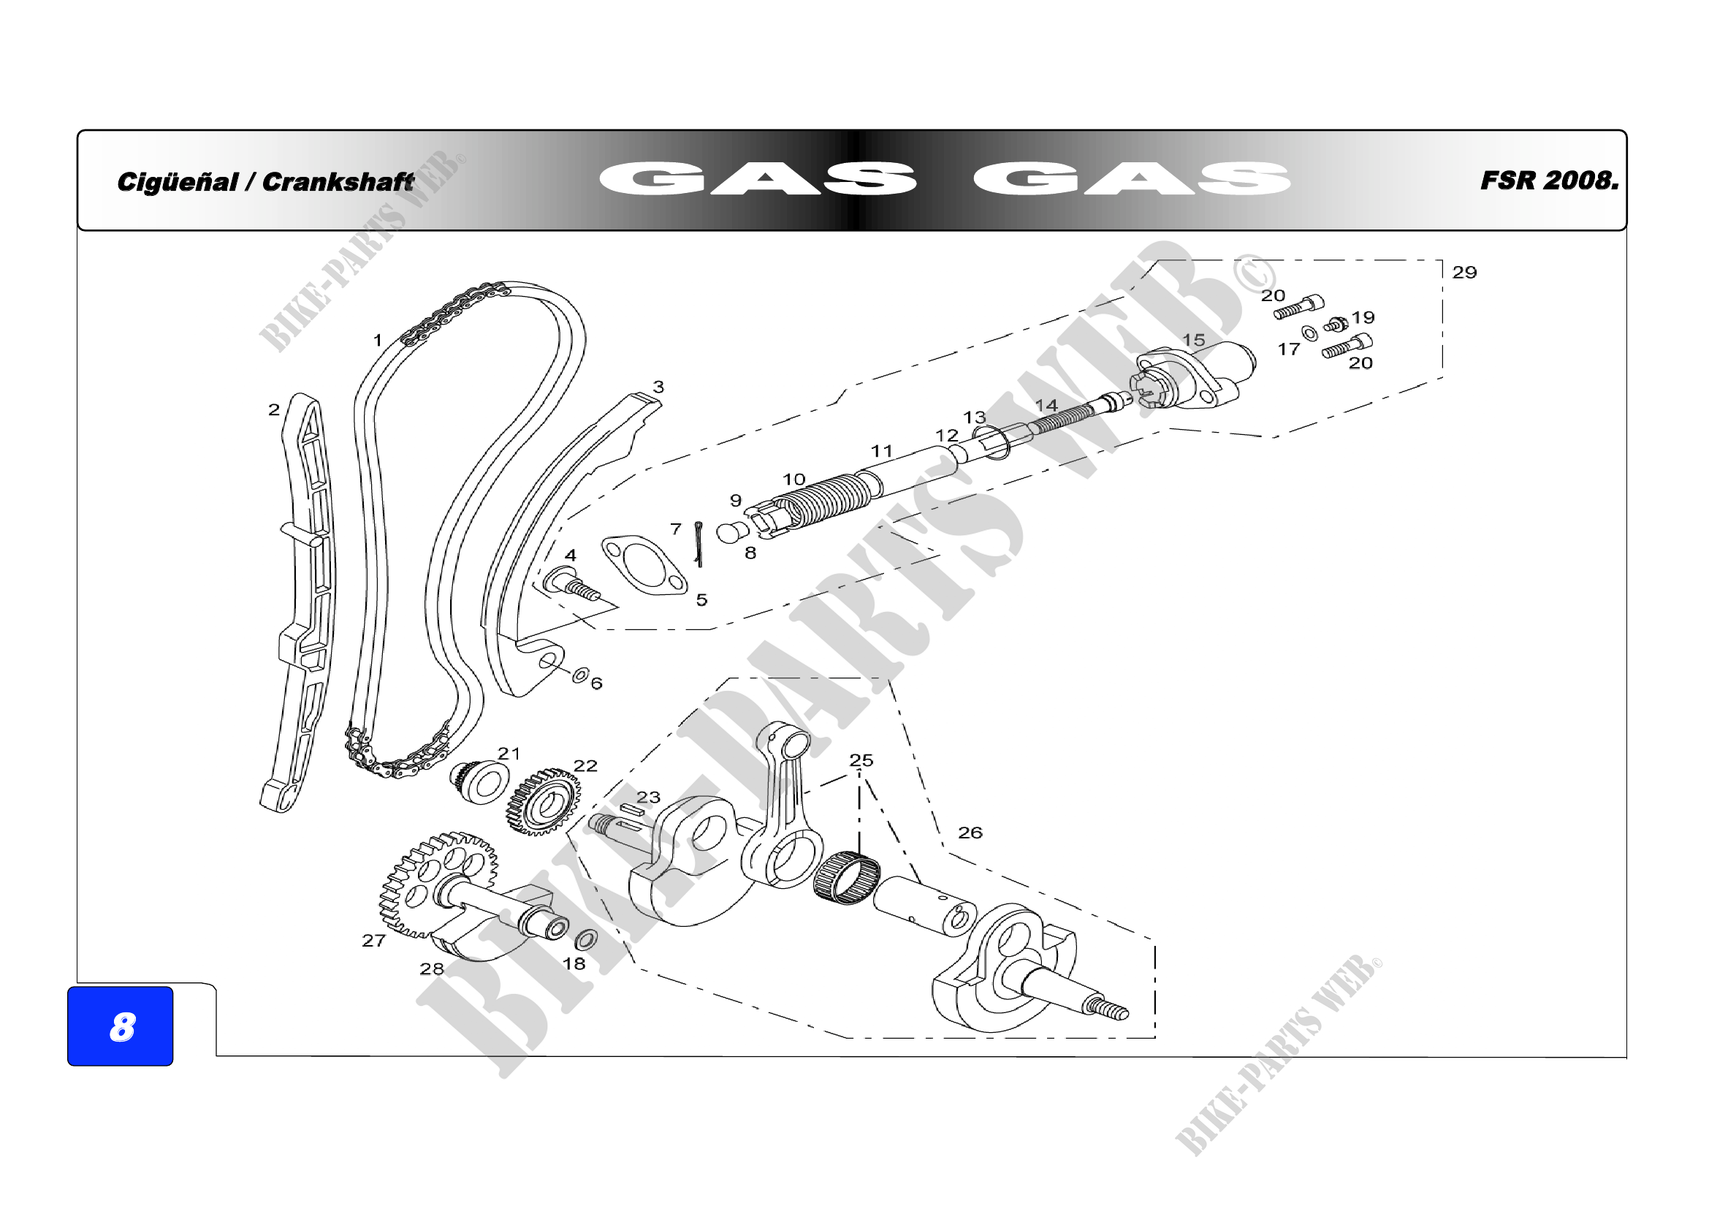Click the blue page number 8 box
[x=120, y=1026]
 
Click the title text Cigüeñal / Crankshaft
[x=265, y=182]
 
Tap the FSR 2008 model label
[x=1549, y=181]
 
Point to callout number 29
[x=1464, y=273]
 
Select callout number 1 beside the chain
[x=377, y=340]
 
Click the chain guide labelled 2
[x=307, y=596]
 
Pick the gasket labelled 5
[x=644, y=565]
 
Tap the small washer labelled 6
[x=580, y=675]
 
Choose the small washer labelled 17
[x=1309, y=333]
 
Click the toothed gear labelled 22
[x=544, y=802]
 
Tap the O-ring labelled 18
[x=587, y=939]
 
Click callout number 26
[x=970, y=833]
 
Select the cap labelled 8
[x=731, y=533]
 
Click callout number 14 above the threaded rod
[x=1046, y=406]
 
